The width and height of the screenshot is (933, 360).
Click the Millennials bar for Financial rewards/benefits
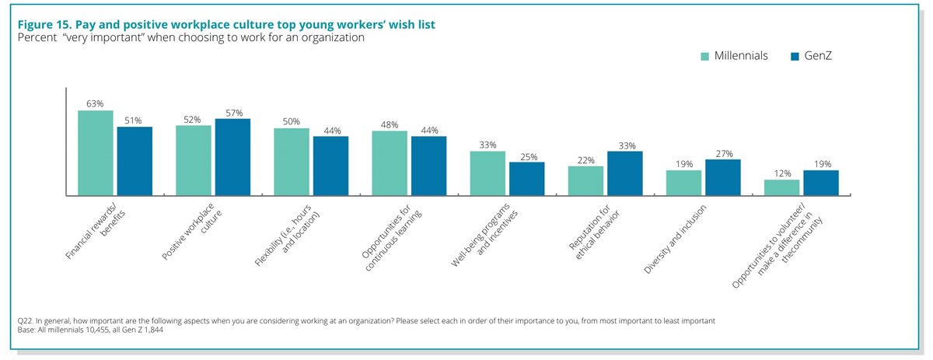coord(95,152)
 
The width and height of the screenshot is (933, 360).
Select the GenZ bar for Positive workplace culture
coord(232,156)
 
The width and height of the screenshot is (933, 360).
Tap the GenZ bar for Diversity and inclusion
coord(722,177)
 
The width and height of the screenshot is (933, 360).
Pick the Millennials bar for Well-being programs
coord(487,173)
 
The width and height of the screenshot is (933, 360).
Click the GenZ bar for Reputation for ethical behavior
coord(624,173)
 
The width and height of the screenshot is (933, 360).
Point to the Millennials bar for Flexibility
coord(291,161)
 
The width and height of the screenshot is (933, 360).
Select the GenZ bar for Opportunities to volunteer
coord(820,182)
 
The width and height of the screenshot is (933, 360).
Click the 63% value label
coord(95,103)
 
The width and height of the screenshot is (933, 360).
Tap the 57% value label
coord(232,112)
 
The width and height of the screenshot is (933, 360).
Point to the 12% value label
coord(781,173)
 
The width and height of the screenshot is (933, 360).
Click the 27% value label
coord(722,152)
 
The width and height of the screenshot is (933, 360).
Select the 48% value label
coord(390,124)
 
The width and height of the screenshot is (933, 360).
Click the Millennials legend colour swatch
coord(704,57)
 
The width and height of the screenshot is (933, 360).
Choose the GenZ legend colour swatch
coord(795,57)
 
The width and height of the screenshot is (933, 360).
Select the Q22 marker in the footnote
coord(26,320)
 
